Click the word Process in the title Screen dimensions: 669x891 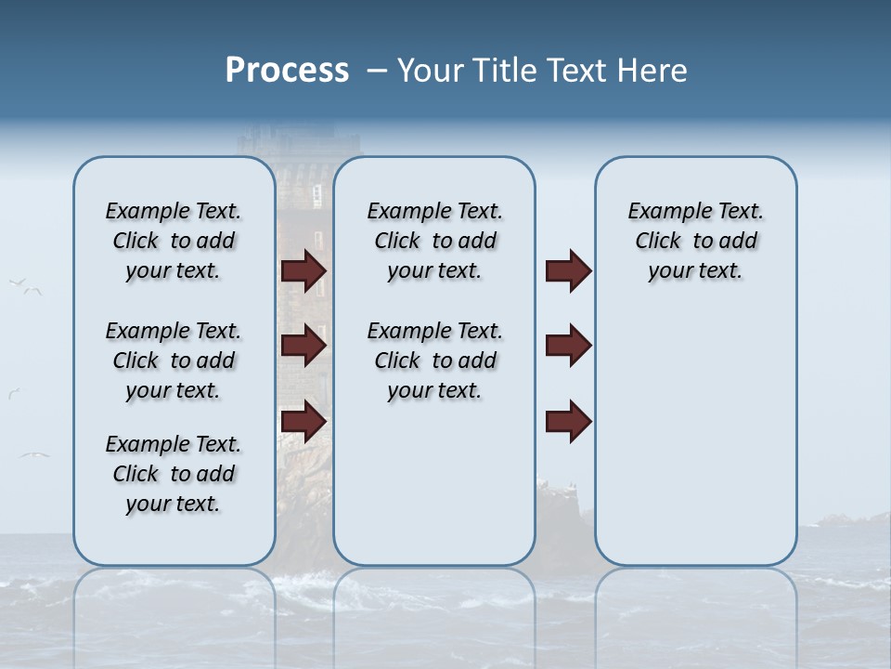287,71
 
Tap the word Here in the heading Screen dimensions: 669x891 649,71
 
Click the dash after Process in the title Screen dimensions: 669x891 377,72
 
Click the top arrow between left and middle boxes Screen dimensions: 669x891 303,270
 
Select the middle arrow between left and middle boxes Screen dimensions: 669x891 303,346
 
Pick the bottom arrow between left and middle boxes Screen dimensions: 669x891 303,421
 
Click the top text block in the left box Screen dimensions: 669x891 174,241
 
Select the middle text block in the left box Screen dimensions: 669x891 174,361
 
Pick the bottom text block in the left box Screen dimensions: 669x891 174,474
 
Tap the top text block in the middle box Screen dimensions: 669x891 434,241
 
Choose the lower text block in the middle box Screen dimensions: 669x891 434,361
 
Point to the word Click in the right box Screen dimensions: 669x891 658,241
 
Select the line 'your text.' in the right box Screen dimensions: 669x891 695,270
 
